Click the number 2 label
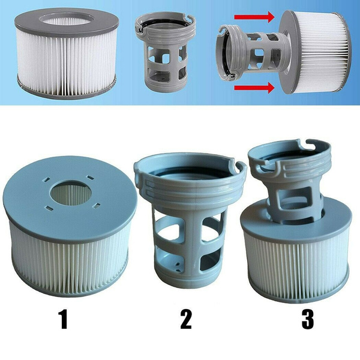(185, 319)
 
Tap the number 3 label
(307, 319)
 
